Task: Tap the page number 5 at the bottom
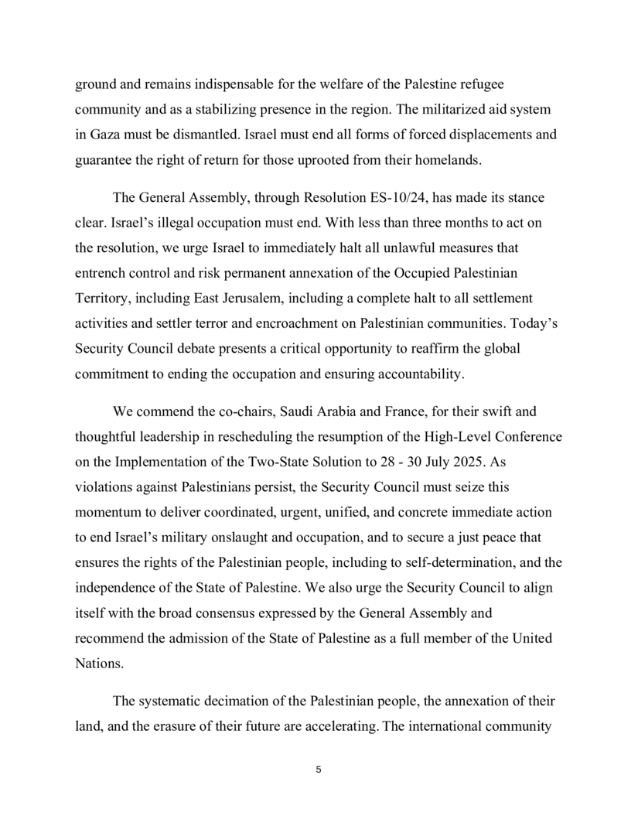319,770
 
